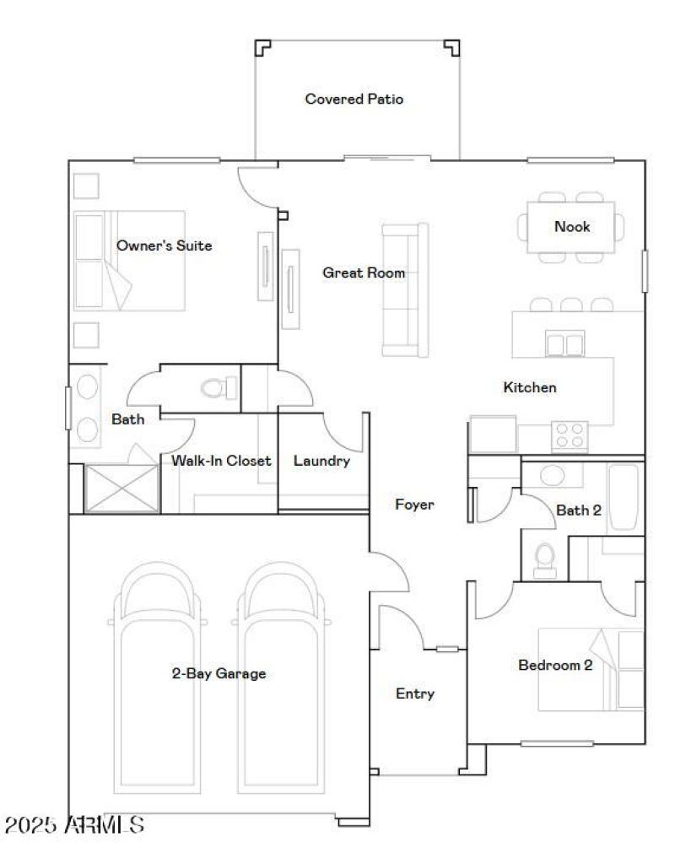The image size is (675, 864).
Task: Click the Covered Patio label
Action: coord(354,100)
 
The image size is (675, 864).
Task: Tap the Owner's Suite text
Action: coord(164,246)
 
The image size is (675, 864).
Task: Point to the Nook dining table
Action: coord(571,227)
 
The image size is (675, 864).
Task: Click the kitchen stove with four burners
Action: coord(570,435)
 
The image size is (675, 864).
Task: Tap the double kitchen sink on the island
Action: coord(564,344)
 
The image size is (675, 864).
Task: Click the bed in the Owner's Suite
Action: coord(129,260)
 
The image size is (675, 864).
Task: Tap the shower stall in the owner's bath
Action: coord(121,488)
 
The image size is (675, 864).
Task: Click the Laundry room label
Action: coord(321,462)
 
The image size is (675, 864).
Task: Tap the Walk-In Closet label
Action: coord(221,461)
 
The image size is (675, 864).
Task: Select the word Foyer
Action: coord(414,505)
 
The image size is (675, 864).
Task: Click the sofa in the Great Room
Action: coord(405,289)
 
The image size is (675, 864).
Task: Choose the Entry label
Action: coord(415,694)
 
